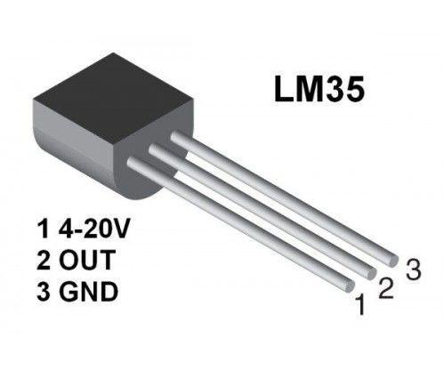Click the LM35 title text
318,92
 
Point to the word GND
86,291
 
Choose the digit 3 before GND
42,291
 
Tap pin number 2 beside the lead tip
385,287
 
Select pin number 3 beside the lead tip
411,268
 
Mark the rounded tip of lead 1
343,286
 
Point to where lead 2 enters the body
156,151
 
